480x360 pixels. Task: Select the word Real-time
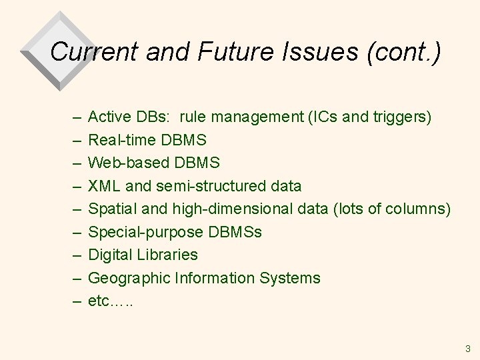121,141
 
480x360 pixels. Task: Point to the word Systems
289,278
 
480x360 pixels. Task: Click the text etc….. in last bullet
109,301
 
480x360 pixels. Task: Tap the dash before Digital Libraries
75,255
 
